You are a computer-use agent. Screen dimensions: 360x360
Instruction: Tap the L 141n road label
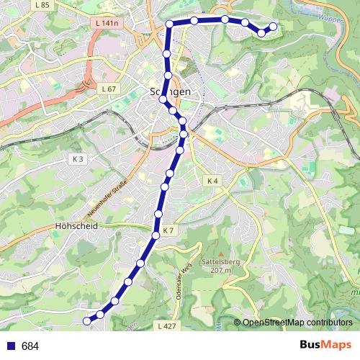click(x=107, y=24)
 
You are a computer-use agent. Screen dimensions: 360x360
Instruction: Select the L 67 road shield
click(x=109, y=89)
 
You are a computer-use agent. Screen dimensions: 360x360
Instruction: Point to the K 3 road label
click(x=78, y=158)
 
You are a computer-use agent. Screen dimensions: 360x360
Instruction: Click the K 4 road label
click(x=211, y=180)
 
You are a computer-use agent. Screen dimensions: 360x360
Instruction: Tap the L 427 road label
click(x=166, y=326)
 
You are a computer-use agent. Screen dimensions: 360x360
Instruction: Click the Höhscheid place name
click(x=75, y=225)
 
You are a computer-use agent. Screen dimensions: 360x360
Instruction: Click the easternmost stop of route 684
click(x=273, y=27)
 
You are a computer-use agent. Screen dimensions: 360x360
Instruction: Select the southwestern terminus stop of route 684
click(x=88, y=320)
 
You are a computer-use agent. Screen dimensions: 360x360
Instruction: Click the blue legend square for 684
click(x=11, y=346)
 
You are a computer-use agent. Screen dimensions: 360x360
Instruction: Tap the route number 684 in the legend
click(x=30, y=346)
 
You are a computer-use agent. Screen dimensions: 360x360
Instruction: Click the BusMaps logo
click(x=325, y=346)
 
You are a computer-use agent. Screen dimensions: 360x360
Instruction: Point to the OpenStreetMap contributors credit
click(x=297, y=322)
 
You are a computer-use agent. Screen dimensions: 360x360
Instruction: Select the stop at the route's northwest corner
click(x=170, y=24)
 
